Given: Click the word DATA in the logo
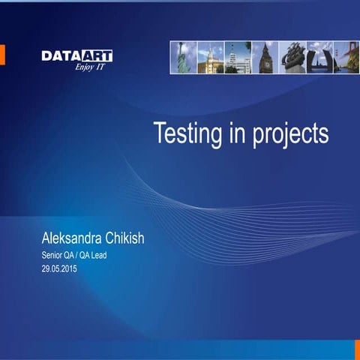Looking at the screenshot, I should pos(58,55).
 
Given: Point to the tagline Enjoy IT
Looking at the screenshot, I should pos(89,66).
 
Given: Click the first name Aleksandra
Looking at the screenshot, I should pos(79,239).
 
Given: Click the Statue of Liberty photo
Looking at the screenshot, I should pos(182,57).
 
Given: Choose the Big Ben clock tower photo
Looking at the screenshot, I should pos(265,57).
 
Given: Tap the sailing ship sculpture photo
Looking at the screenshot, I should pos(292,57).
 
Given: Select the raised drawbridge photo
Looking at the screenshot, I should pos(319,57).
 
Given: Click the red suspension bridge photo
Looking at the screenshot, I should pos(346,57).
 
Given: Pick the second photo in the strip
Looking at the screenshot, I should pos(210,57).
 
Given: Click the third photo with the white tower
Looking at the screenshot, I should pos(238,57).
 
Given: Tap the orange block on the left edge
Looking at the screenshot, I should pos(2,54).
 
